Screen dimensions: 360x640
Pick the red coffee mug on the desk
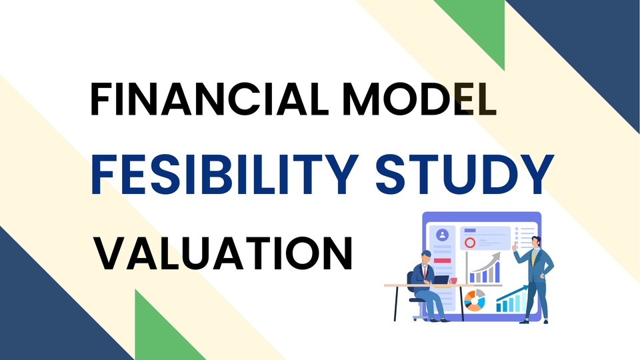pyautogui.click(x=453, y=281)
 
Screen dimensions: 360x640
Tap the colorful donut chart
pyautogui.click(x=475, y=300)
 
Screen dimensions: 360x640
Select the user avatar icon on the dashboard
pyautogui.click(x=443, y=235)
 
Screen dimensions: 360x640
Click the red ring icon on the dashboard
pyautogui.click(x=470, y=243)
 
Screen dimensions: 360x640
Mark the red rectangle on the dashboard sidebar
pyautogui.click(x=443, y=260)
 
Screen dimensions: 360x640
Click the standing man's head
pyautogui.click(x=537, y=241)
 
